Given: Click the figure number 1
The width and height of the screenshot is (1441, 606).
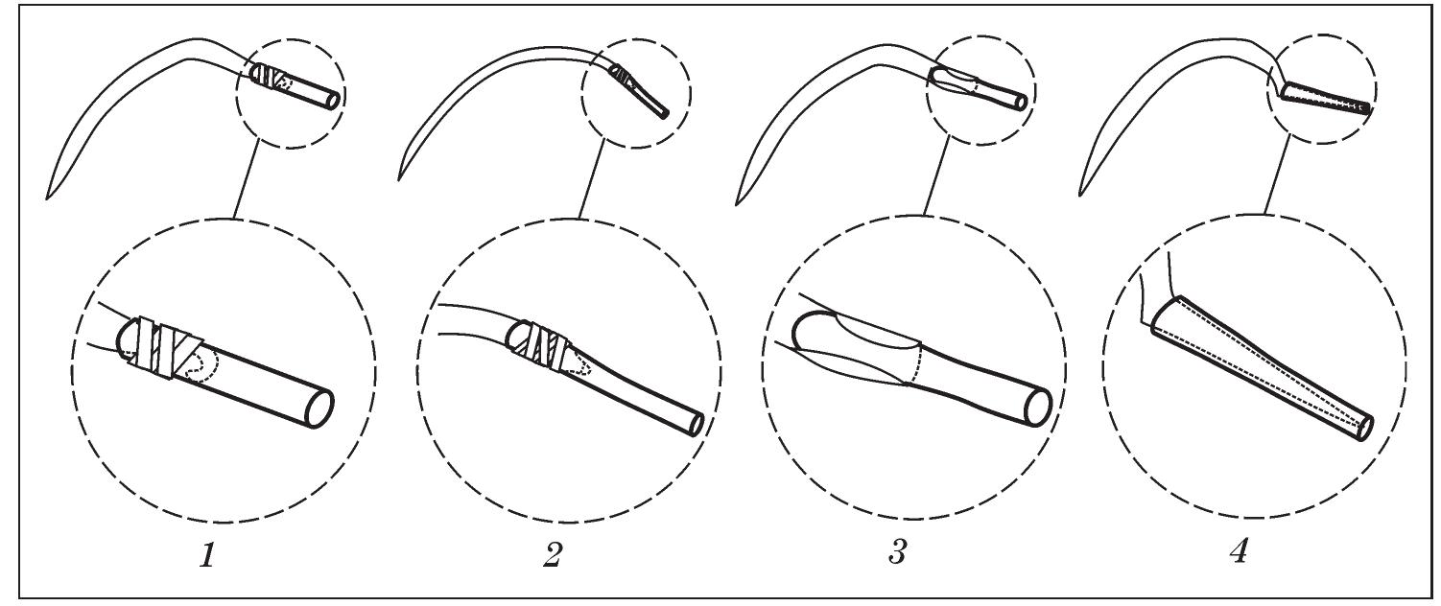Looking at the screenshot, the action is point(207,555).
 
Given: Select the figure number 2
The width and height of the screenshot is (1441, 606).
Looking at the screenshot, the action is point(552,555).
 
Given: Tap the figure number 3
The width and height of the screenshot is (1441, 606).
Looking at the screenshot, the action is point(897,551).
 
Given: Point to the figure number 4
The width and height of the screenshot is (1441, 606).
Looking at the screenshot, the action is point(1239,551).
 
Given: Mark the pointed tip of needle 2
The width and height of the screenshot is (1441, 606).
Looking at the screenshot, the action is point(399,180).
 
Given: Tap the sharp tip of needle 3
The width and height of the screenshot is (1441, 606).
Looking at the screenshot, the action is point(737,204).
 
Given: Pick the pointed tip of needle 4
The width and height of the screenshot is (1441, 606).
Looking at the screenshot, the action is point(1080,195).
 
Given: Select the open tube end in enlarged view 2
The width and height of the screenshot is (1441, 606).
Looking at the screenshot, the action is point(696,424).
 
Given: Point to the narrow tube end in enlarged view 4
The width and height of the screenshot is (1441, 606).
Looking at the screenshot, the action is point(1365,429).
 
